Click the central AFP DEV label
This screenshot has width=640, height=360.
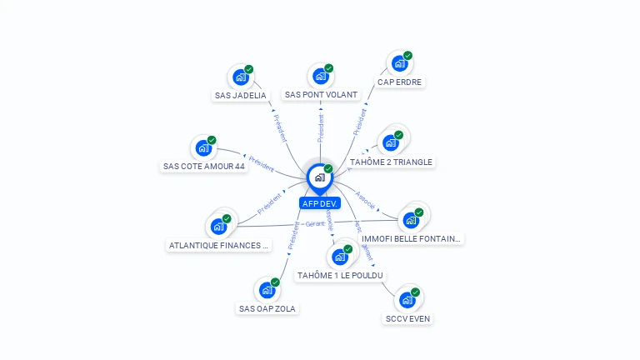click(320, 203)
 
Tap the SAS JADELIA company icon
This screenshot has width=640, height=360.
click(241, 77)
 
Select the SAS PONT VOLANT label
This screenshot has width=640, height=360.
click(321, 95)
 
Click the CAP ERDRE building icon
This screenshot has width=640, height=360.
click(399, 64)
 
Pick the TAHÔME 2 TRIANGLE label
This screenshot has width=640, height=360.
click(391, 162)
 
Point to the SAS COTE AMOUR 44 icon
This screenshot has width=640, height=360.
click(203, 148)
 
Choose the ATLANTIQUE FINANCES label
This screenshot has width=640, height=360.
click(219, 246)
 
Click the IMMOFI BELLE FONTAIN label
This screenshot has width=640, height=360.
click(411, 238)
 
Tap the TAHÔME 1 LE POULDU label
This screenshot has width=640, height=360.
click(340, 275)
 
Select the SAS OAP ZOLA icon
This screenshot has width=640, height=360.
click(267, 290)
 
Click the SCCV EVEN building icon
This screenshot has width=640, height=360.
click(407, 300)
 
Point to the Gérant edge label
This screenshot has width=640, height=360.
click(315, 224)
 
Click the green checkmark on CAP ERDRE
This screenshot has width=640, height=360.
click(408, 55)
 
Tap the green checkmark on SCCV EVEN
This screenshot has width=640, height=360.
click(416, 292)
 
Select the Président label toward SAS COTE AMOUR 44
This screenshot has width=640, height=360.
click(261, 163)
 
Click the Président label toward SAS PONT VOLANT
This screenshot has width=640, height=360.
click(320, 127)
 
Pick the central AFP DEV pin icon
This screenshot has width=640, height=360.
click(319, 177)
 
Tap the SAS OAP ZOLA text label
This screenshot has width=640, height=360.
click(267, 308)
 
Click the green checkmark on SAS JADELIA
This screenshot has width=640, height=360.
click(249, 69)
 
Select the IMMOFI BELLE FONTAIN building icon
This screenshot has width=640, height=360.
click(411, 220)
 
